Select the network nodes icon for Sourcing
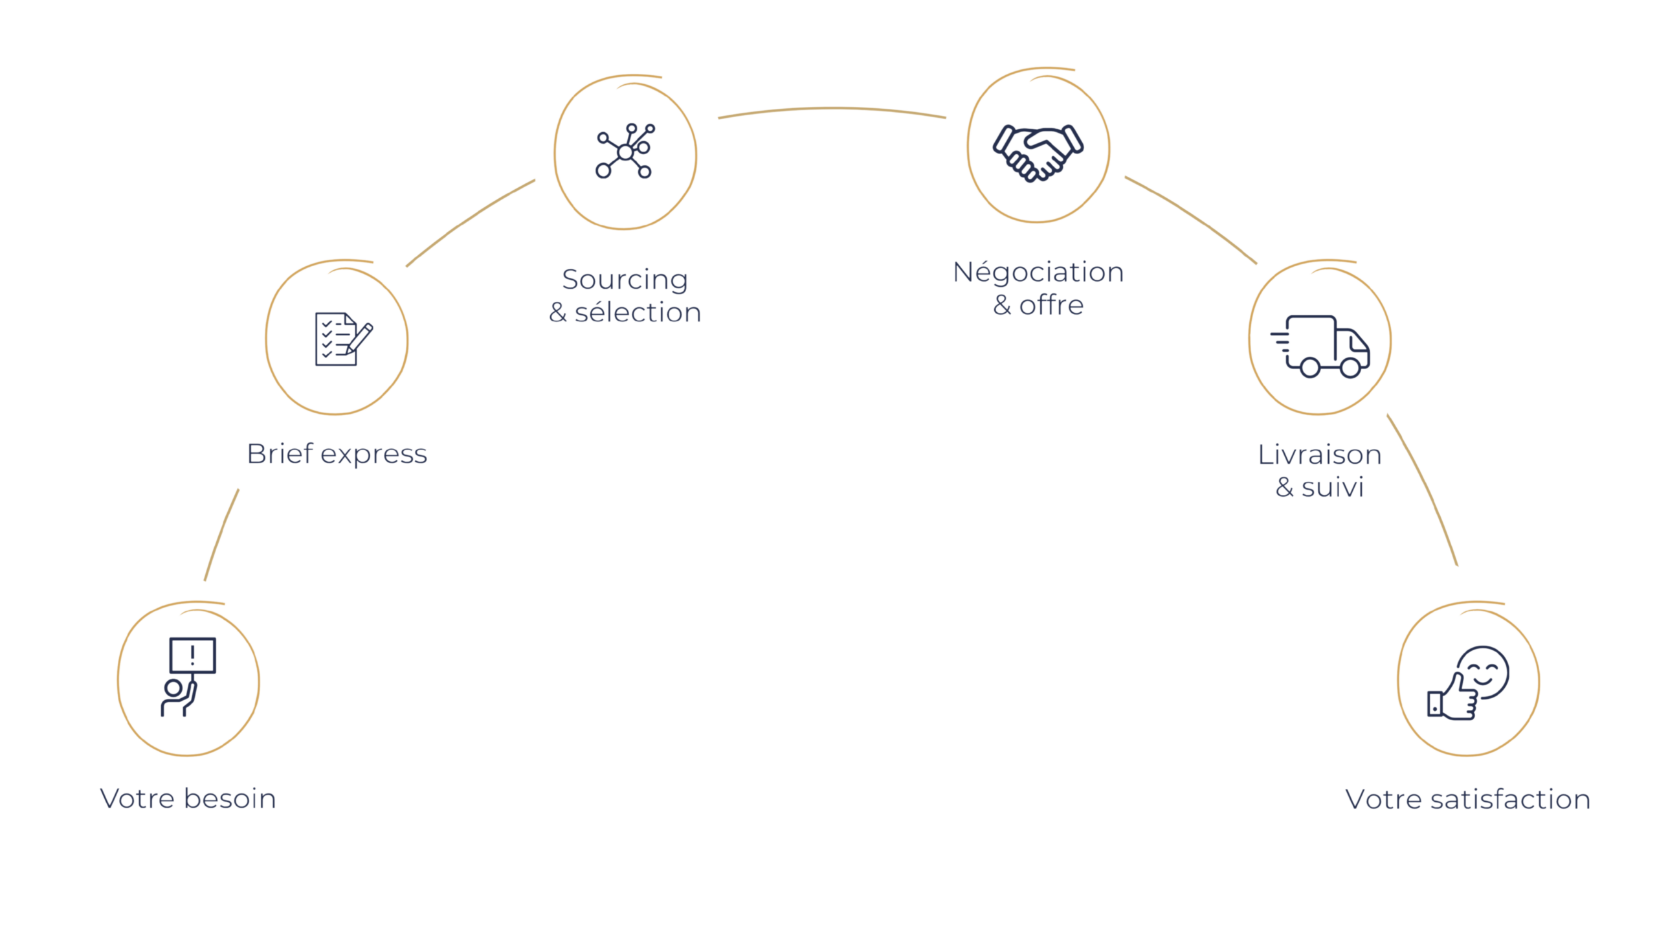[x=625, y=151]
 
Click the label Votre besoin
[x=188, y=799]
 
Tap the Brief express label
[x=337, y=453]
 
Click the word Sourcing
[x=625, y=280]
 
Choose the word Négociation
[x=1038, y=272]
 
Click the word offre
[x=1051, y=305]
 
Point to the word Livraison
[x=1319, y=455]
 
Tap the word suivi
[x=1332, y=487]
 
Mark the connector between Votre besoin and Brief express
[x=221, y=534]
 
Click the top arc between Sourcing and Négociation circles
[x=832, y=110]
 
